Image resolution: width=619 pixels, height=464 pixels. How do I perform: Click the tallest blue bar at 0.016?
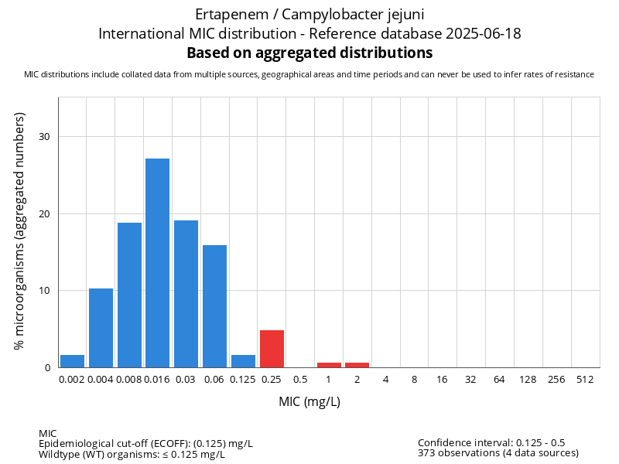[157, 263]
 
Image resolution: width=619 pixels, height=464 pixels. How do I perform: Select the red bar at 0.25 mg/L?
[272, 349]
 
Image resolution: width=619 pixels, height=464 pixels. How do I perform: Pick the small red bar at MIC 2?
[357, 365]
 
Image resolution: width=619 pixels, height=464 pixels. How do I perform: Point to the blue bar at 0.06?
[214, 306]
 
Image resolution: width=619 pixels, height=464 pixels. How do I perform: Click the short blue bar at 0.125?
[243, 361]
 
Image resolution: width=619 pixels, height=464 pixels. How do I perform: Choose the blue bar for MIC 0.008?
[129, 295]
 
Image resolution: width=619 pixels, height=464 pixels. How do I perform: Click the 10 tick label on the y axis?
[45, 291]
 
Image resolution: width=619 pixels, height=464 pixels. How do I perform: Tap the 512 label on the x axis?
[585, 380]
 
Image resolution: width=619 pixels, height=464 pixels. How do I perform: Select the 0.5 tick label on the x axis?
[300, 380]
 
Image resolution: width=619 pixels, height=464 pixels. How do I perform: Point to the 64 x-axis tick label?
[499, 380]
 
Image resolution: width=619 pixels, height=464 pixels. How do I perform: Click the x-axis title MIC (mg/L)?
[309, 402]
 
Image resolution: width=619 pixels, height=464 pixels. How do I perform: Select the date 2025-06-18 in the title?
[488, 34]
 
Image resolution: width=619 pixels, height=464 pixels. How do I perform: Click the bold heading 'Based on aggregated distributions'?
[309, 53]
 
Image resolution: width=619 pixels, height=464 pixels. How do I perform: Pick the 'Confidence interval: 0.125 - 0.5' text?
[491, 442]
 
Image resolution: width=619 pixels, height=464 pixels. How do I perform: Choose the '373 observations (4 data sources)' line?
[498, 452]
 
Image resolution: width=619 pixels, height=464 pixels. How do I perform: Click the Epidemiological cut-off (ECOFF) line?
[145, 443]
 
